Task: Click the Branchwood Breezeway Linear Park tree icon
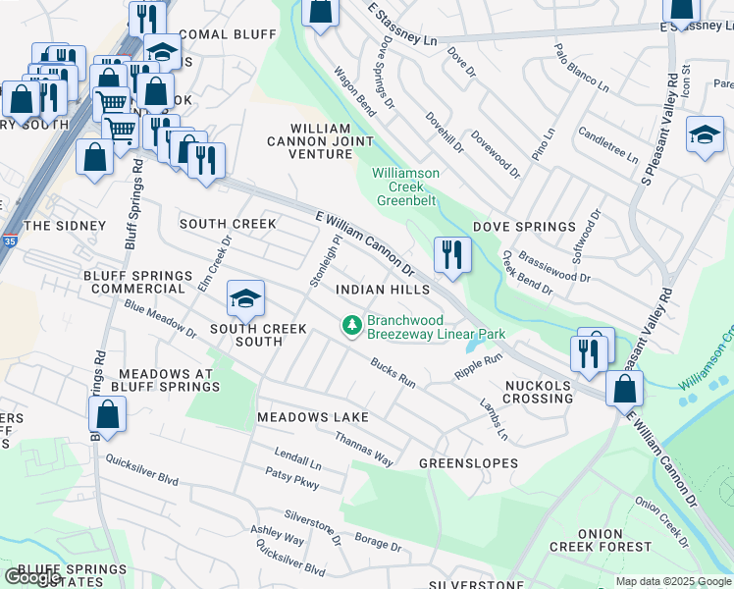[351, 324]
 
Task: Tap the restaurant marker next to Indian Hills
[451, 255]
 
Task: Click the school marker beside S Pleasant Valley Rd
[704, 136]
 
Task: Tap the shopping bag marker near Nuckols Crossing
[624, 389]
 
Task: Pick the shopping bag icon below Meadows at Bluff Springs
[108, 415]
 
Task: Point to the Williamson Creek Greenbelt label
[405, 181]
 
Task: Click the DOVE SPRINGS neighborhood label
[524, 227]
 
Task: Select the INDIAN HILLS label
[383, 291]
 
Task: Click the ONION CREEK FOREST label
[613, 540]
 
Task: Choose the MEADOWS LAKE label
[312, 417]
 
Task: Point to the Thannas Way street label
[364, 449]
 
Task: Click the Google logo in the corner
[32, 578]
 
